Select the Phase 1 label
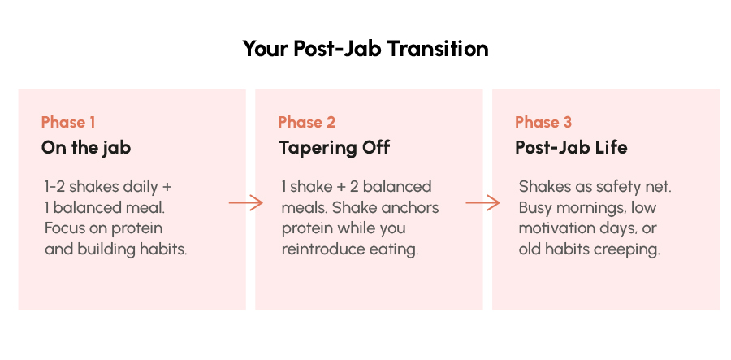coord(68,122)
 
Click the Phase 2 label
coord(307,122)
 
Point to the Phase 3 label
coord(543,122)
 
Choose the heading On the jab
coord(86,148)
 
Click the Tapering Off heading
coord(335,148)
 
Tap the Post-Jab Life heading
coord(571,148)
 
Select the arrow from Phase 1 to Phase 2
coord(245,203)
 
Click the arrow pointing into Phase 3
coord(482,203)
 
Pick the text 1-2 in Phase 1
coord(55,187)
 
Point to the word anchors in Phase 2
coord(410,207)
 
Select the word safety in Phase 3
coord(614,187)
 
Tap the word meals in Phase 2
coord(305,207)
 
